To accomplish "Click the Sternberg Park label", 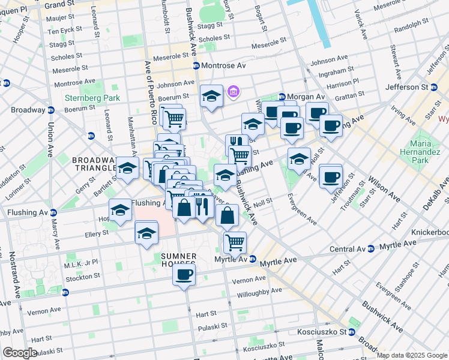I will [92, 98].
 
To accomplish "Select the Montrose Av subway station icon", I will [196, 65].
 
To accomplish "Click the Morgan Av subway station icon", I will [281, 97].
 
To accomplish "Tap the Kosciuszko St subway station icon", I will [352, 332].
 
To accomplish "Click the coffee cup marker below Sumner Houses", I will [184, 275].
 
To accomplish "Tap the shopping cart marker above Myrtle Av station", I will [235, 242].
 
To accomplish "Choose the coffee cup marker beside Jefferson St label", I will [330, 177].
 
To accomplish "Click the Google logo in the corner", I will [19, 353].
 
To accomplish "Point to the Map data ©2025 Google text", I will [412, 355].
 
